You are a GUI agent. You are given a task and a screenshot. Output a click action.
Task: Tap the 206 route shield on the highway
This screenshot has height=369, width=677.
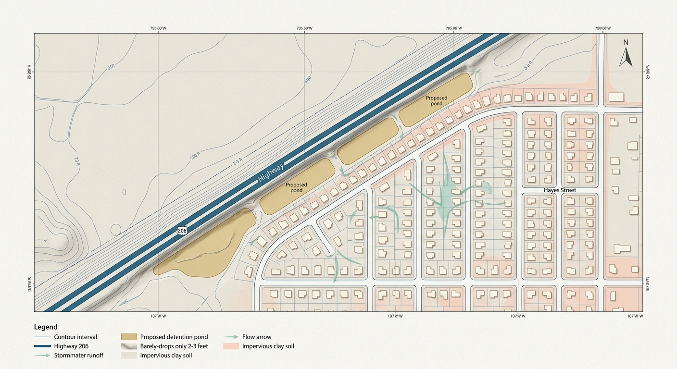[x=182, y=230]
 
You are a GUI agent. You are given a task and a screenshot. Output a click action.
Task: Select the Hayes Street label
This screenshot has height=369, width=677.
[x=560, y=190]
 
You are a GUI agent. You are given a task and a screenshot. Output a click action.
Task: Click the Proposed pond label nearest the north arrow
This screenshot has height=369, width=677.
[x=437, y=100]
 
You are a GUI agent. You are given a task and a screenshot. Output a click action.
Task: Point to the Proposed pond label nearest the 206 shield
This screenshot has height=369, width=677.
[x=296, y=187]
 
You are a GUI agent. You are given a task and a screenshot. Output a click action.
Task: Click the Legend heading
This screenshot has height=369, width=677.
[x=46, y=327]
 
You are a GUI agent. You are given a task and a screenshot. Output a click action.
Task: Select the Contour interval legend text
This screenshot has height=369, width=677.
[x=75, y=337]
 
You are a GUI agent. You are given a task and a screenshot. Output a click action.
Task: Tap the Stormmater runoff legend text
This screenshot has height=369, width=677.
[x=78, y=356]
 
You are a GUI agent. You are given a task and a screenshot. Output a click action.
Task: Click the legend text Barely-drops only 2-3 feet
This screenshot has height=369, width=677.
[x=174, y=346]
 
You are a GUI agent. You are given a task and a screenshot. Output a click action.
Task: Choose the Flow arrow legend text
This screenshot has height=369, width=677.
[x=257, y=337]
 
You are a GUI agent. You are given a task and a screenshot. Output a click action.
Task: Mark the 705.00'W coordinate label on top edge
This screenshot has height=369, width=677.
[x=453, y=28]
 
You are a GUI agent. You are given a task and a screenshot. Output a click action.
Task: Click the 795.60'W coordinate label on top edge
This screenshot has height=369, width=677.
[x=304, y=28]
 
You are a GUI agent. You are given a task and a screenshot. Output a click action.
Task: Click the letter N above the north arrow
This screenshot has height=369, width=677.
[x=626, y=42]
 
